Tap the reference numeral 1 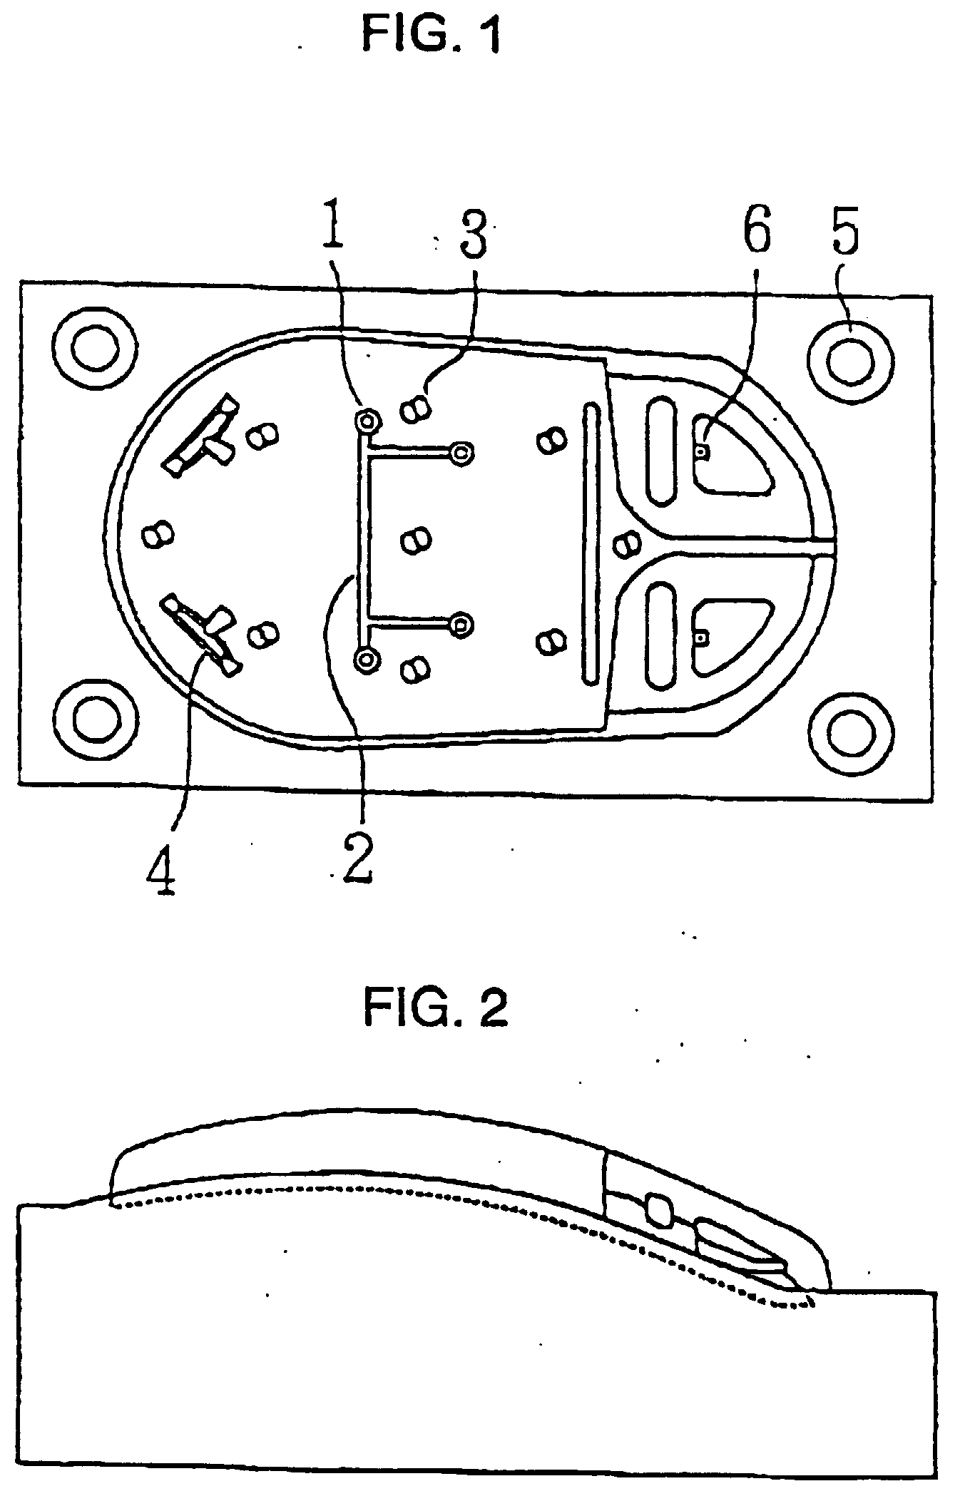coord(333,225)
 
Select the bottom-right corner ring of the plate coord(852,732)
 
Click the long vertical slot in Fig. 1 coord(591,545)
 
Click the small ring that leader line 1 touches coord(367,421)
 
